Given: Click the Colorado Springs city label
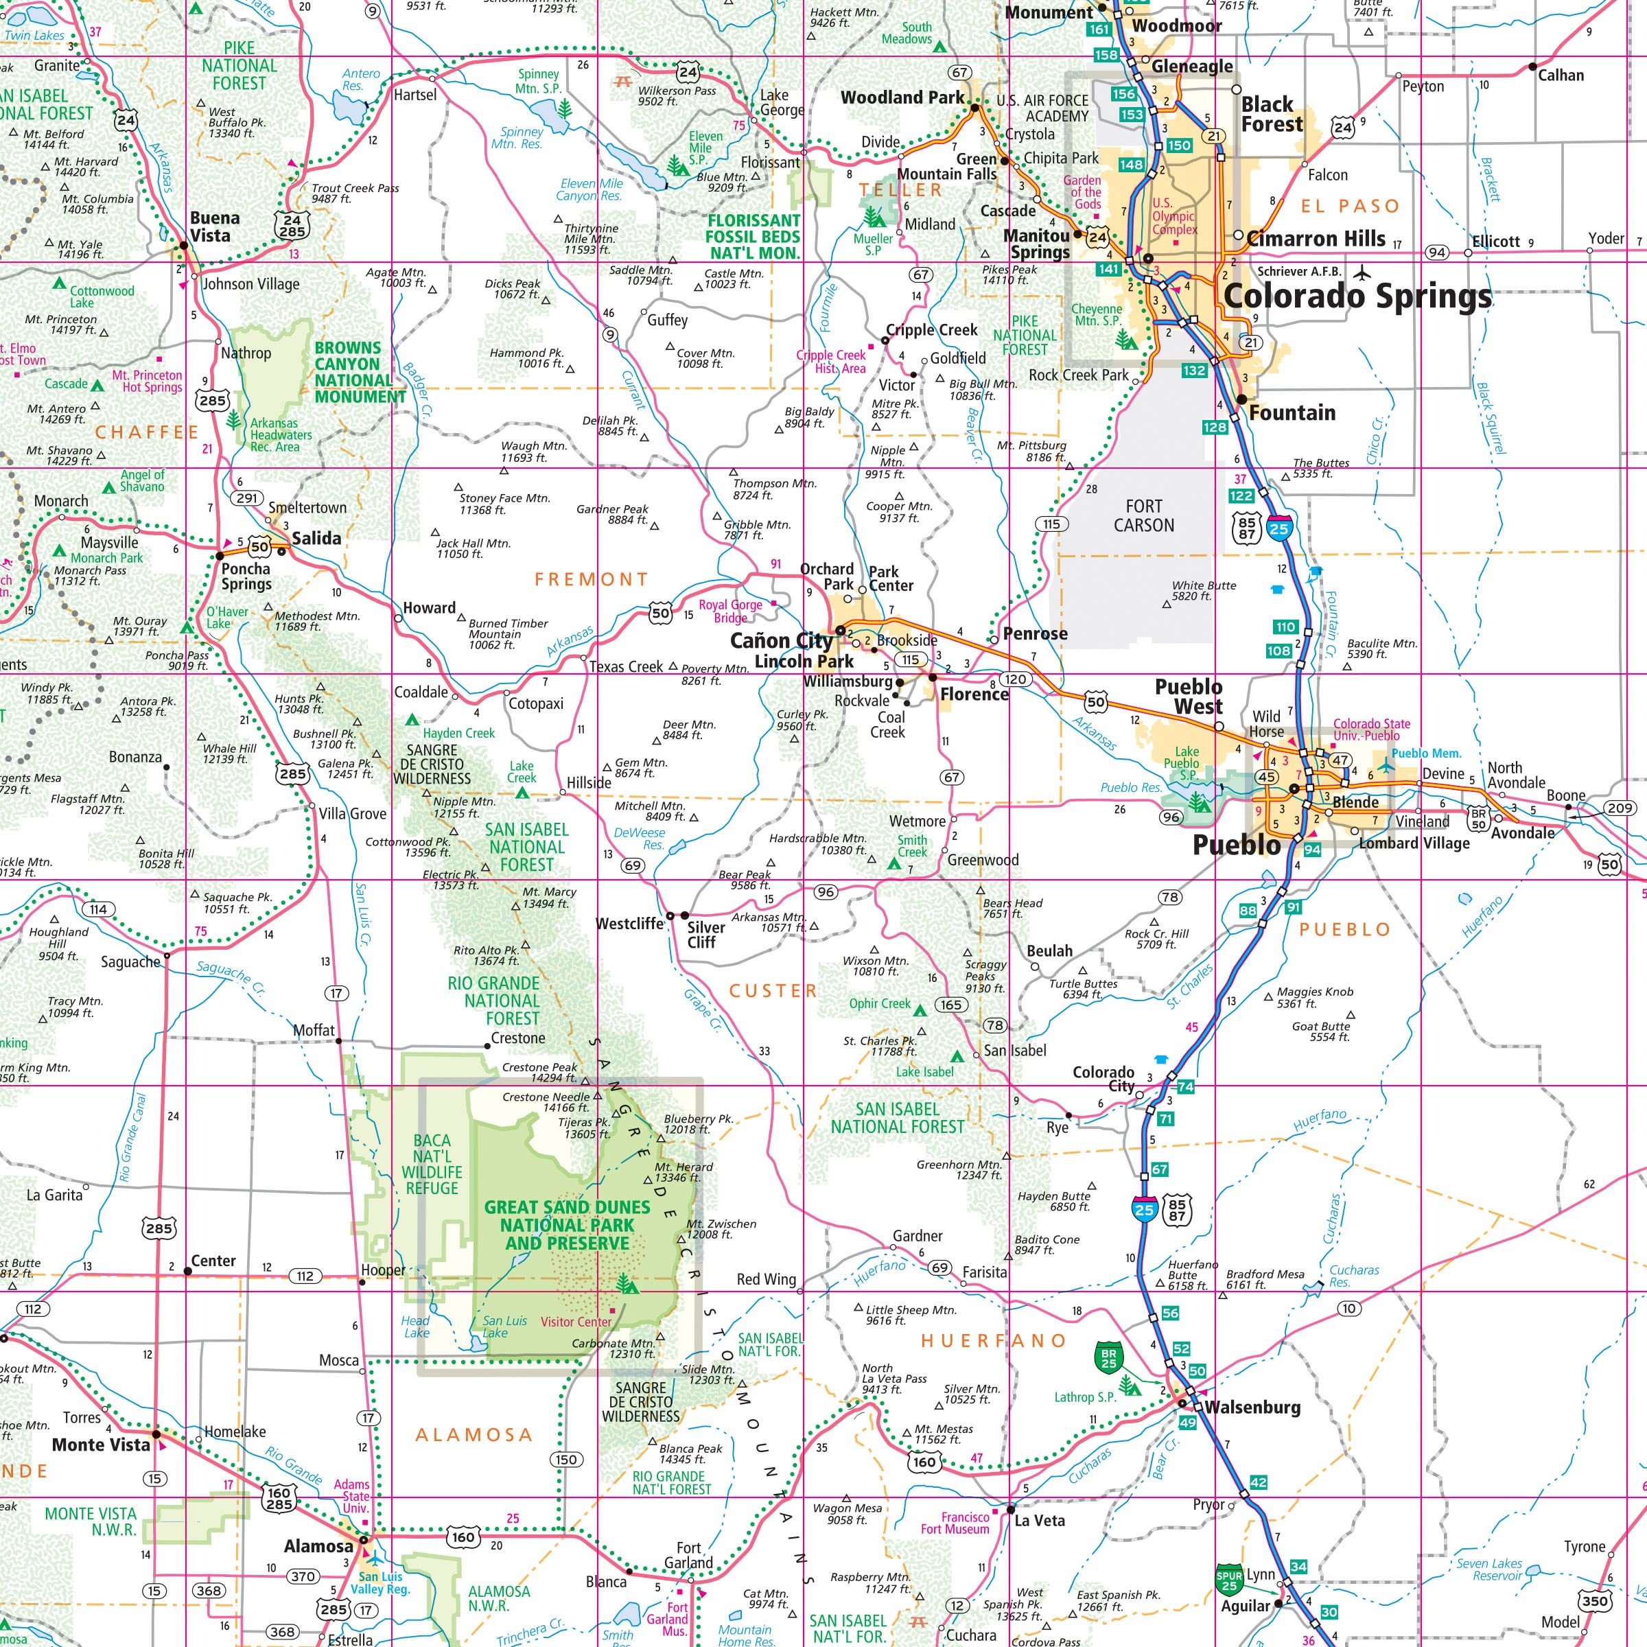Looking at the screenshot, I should tap(1357, 296).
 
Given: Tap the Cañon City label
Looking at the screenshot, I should tap(781, 640).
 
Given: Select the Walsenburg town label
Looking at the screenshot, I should tap(1252, 1407).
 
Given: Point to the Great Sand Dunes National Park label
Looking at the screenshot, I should tap(567, 1225).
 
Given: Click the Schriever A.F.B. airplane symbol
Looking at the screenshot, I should tap(1362, 273).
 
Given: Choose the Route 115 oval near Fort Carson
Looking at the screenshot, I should tap(1051, 524).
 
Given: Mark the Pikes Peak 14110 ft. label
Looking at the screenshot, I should tap(1010, 274).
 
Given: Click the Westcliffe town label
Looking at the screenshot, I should tap(629, 923).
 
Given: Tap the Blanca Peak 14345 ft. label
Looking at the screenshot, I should tap(690, 1453).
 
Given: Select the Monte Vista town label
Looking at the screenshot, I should tap(101, 1444).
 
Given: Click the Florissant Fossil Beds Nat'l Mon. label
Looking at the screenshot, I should tap(754, 236).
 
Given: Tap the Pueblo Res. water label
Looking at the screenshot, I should tap(1130, 787).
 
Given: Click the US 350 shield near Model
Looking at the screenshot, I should tap(1594, 1600).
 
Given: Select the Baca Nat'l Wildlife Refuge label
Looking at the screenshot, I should tap(432, 1164).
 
